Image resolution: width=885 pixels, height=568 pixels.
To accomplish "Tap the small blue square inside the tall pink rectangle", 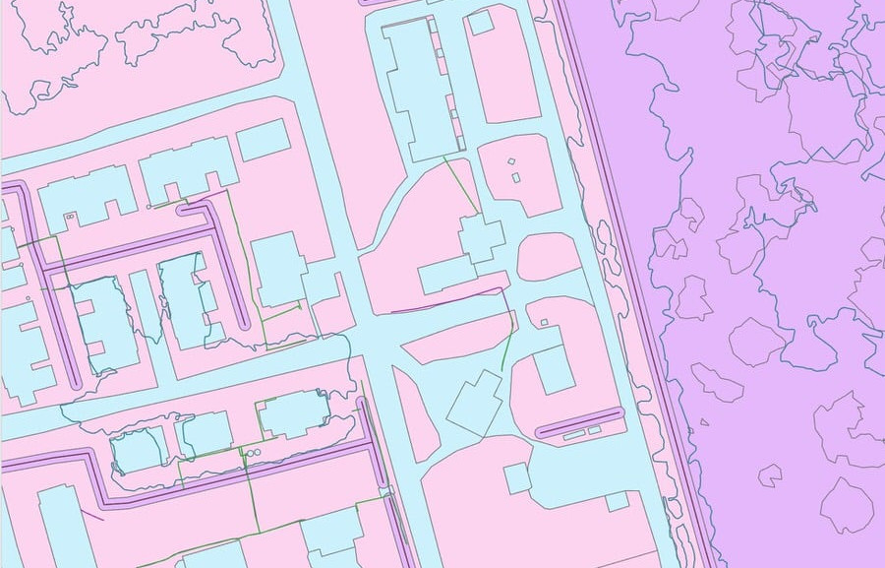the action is point(480,22).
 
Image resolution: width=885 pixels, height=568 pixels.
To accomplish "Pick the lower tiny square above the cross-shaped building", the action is point(516,178).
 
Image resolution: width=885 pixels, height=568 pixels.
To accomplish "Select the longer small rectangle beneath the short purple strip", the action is point(574,433).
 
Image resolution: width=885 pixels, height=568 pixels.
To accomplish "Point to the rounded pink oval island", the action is point(549,257).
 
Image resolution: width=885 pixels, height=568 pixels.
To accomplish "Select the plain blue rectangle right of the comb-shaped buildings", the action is point(263,140).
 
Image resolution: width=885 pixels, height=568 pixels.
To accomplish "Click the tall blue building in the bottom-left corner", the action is point(64,527).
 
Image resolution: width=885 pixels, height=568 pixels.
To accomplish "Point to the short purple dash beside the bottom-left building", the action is point(92,513).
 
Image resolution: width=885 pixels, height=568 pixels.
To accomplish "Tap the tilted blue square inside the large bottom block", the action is point(517,478).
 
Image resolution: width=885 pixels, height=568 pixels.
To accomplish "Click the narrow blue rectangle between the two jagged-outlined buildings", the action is point(147,306).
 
